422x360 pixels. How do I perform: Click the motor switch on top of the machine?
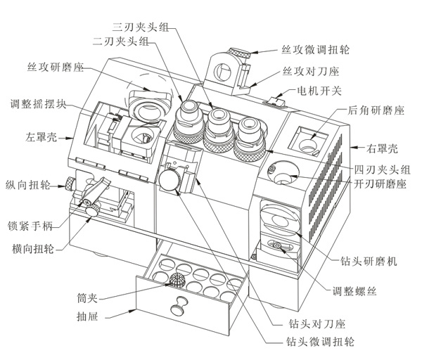tap(275, 103)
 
